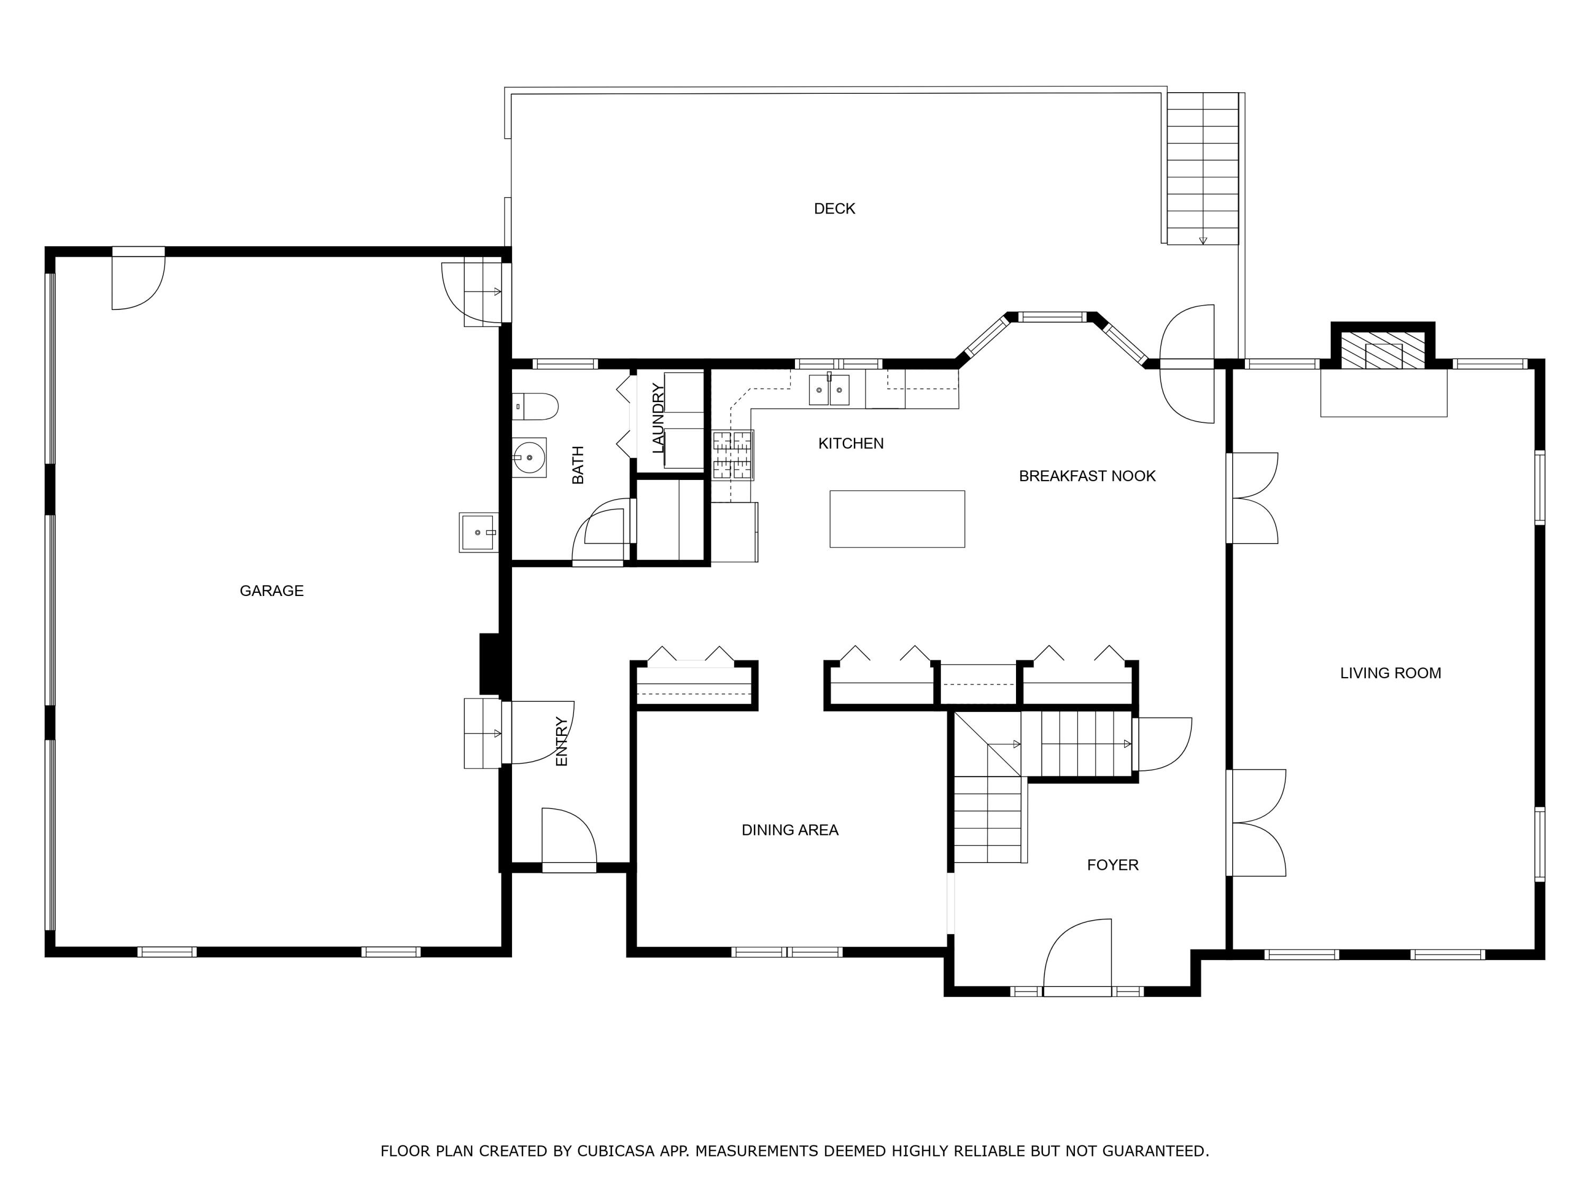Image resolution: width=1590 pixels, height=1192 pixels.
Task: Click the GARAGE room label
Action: (x=272, y=591)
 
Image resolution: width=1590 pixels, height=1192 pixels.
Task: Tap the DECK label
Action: (x=835, y=208)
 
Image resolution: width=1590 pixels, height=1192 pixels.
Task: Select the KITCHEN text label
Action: (x=851, y=443)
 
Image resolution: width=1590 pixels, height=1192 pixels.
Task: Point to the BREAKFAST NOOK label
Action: (x=1088, y=476)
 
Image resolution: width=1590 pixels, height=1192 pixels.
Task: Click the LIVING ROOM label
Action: (x=1391, y=673)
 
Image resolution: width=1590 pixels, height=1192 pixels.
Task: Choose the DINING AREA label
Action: (x=790, y=830)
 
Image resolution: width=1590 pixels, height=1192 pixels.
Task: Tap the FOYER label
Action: (x=1112, y=865)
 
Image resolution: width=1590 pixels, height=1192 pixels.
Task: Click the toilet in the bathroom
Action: (x=535, y=407)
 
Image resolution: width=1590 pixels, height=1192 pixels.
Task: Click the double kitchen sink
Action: (x=829, y=389)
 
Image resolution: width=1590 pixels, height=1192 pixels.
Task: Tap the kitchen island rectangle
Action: (x=897, y=519)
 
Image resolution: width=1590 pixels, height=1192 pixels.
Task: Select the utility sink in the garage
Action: (x=478, y=532)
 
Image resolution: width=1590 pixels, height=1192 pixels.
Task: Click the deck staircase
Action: (x=1203, y=169)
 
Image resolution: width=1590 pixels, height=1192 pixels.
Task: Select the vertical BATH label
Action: (x=578, y=465)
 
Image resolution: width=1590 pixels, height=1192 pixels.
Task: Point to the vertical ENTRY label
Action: (x=561, y=742)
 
